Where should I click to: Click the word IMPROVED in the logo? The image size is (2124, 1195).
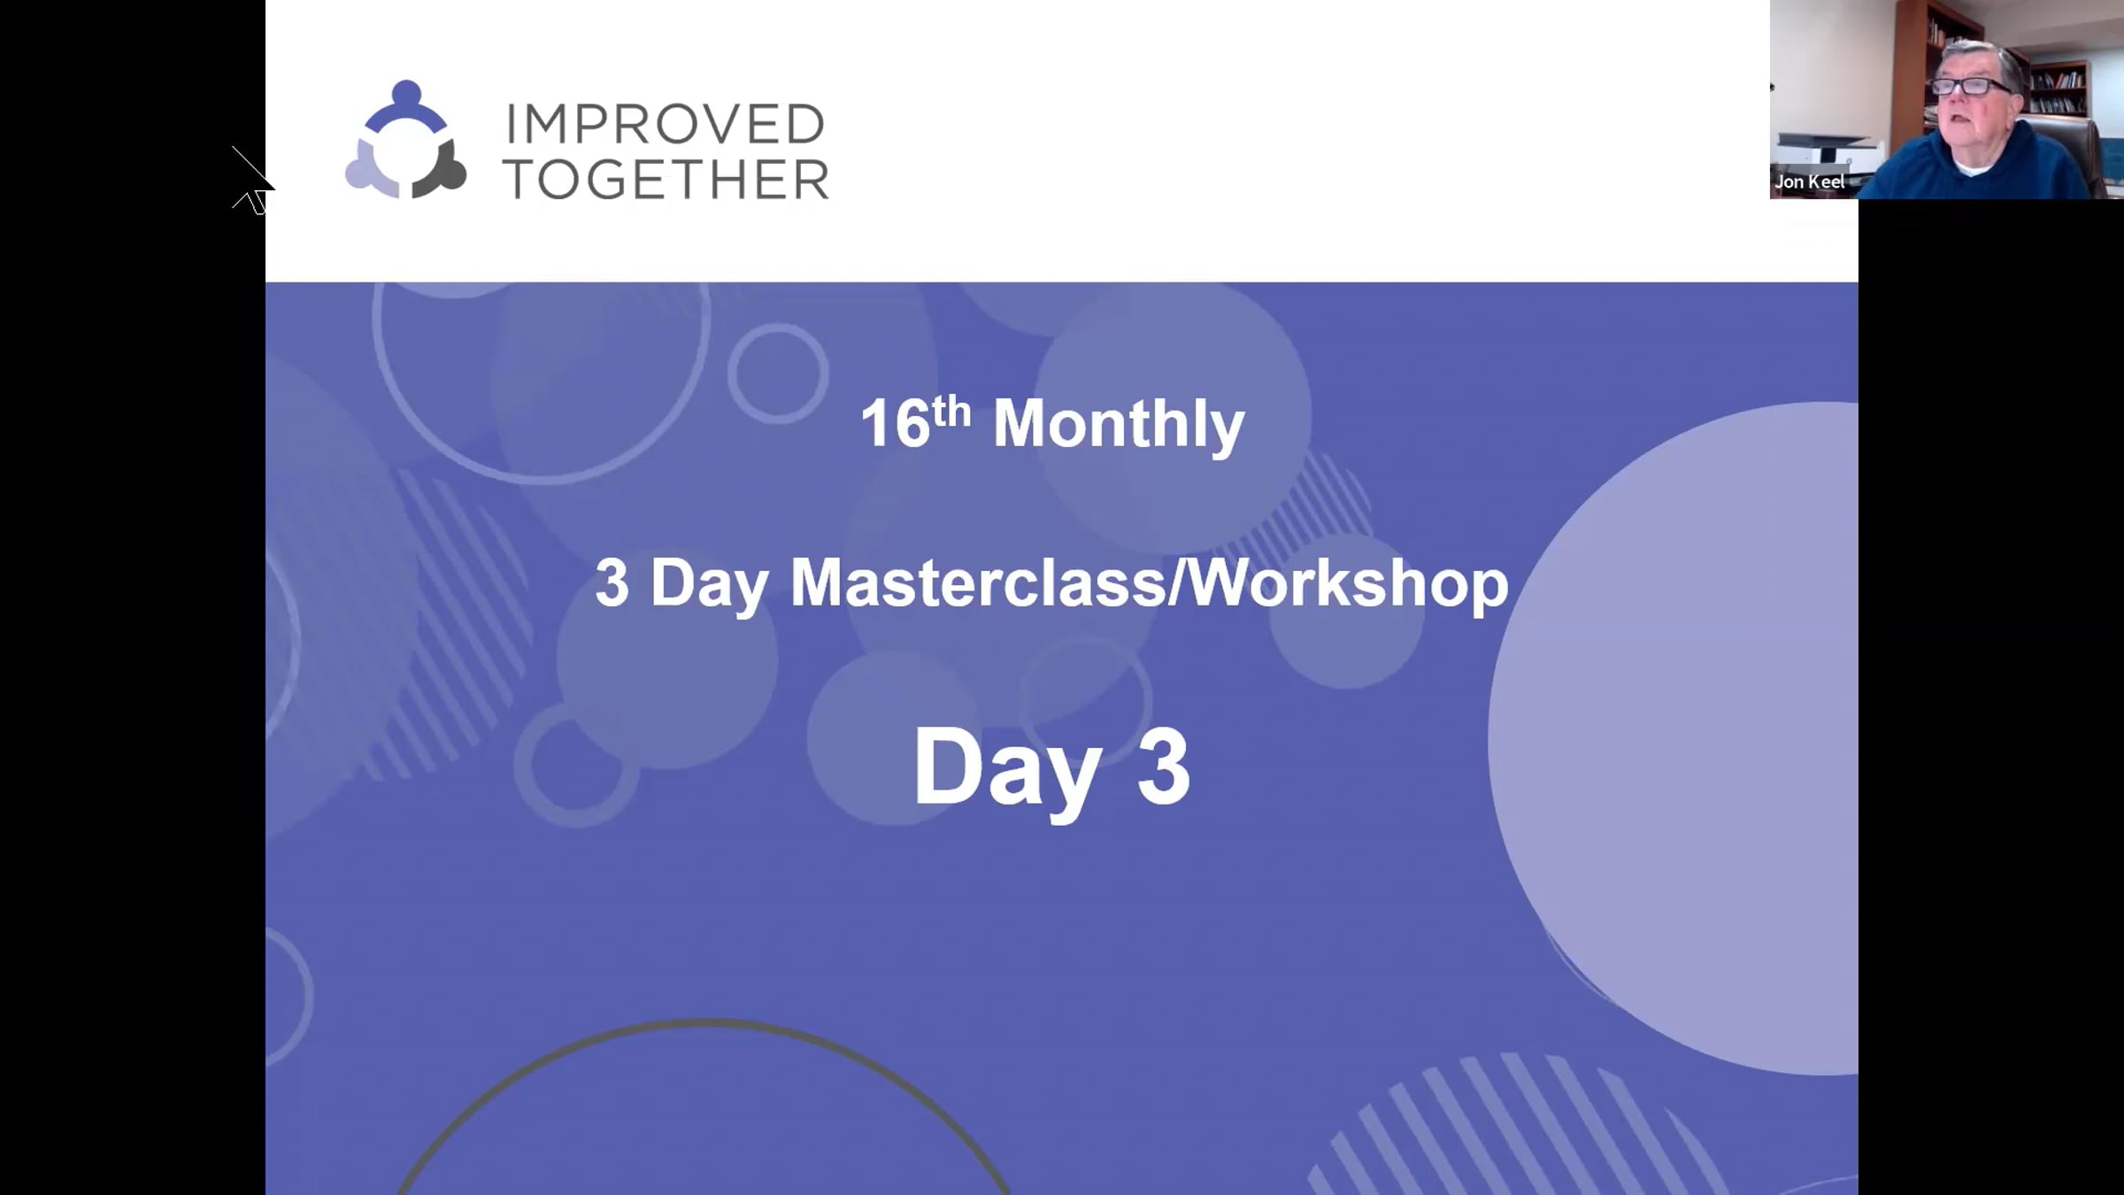click(665, 124)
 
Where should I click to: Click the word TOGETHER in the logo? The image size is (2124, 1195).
click(666, 181)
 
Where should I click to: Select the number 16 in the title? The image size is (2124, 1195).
click(895, 424)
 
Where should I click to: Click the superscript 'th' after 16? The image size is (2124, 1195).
click(951, 412)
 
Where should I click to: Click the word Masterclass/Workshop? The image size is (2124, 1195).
click(1149, 583)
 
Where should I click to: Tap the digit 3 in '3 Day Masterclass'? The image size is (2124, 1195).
click(612, 583)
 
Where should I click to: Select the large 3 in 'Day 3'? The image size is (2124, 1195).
click(1163, 767)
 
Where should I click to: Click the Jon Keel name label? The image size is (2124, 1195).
click(1810, 182)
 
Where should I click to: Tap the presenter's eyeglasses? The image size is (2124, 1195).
click(1972, 86)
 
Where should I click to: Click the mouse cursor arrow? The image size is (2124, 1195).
click(253, 181)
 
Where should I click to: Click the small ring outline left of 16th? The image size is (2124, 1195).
click(778, 373)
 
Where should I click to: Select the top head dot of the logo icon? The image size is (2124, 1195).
click(405, 92)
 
